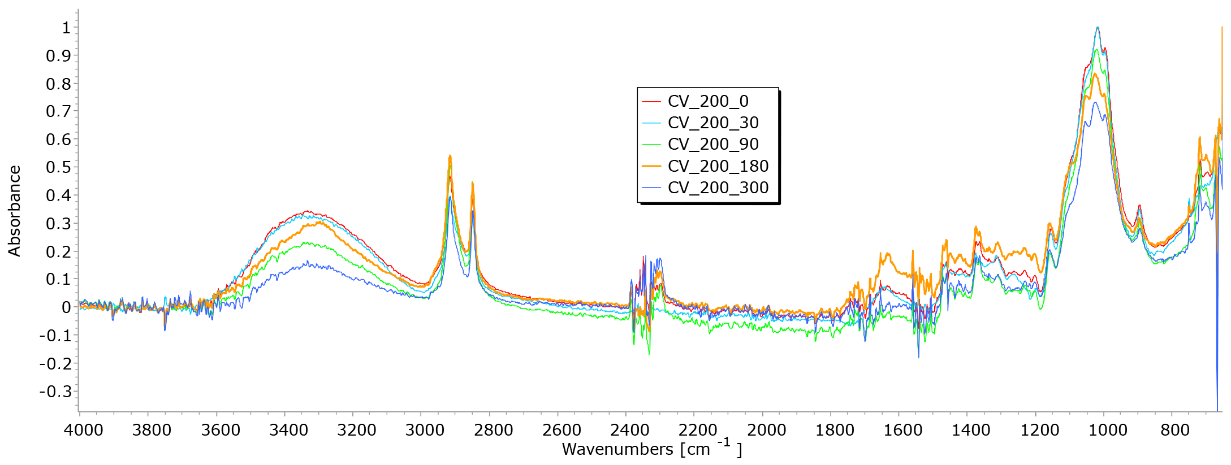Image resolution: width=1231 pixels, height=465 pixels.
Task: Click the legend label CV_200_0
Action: (708, 101)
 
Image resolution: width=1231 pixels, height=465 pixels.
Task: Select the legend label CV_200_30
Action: (713, 123)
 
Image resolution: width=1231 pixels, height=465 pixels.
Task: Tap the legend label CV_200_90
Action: (713, 144)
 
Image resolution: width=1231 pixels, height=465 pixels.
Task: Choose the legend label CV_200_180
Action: (718, 166)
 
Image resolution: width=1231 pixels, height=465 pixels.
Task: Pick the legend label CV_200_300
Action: (718, 188)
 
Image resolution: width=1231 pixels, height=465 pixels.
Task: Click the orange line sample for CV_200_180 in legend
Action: (652, 166)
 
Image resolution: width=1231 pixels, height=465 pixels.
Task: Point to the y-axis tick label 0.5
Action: (58, 167)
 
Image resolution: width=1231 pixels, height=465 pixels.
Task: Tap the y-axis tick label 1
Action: (66, 28)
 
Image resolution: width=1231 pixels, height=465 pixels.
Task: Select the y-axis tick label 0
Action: (66, 307)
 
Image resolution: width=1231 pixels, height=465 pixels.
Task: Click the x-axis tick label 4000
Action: (83, 431)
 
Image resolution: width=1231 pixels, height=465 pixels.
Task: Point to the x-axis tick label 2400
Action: (629, 431)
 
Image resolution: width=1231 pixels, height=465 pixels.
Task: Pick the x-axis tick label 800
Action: (1175, 431)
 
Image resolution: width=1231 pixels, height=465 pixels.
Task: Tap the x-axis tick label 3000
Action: (425, 431)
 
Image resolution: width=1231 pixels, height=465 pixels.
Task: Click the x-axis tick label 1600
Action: (902, 431)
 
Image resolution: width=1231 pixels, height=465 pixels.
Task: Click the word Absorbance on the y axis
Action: (14, 211)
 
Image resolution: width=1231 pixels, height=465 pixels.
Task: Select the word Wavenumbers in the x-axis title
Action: (617, 449)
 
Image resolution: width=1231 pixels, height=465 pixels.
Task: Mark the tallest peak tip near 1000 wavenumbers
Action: (1098, 27)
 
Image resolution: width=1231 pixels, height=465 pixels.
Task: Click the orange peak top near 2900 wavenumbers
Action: (450, 155)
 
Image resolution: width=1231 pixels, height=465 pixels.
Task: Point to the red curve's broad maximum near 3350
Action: (307, 211)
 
